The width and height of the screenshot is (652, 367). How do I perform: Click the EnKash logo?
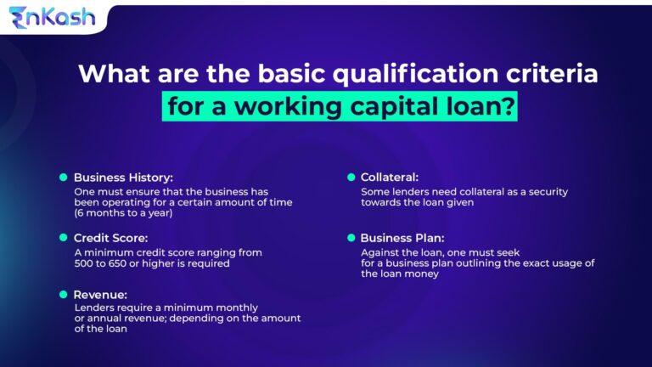52,17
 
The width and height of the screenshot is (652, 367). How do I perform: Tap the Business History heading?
123,178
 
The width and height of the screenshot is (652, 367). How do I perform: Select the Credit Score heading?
110,238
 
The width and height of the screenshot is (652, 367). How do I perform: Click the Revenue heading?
100,294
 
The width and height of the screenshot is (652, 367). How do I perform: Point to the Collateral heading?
389,178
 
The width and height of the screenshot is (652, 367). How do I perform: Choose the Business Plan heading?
402,238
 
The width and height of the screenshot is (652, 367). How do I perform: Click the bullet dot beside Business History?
63,178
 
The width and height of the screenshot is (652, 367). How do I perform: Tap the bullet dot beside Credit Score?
63,238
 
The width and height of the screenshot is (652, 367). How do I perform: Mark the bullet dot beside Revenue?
63,294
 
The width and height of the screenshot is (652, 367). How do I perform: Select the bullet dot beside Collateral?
351,178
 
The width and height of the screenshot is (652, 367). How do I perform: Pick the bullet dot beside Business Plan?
351,238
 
